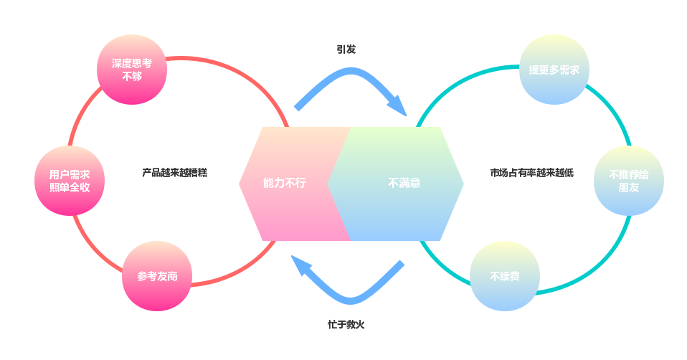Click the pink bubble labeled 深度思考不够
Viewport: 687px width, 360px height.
pyautogui.click(x=131, y=70)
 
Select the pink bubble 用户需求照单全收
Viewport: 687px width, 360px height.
pyautogui.click(x=69, y=181)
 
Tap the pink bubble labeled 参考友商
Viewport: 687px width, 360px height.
pyautogui.click(x=157, y=276)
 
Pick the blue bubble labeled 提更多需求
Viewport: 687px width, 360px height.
pyautogui.click(x=554, y=70)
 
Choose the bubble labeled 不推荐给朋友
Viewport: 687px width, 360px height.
pyautogui.click(x=629, y=181)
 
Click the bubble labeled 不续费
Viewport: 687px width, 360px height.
pyautogui.click(x=504, y=276)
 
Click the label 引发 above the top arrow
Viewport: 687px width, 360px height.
pyautogui.click(x=346, y=49)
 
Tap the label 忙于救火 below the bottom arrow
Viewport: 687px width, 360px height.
pyautogui.click(x=346, y=324)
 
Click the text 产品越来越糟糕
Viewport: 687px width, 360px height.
pyautogui.click(x=174, y=173)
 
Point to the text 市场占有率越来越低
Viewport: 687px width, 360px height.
pyautogui.click(x=531, y=173)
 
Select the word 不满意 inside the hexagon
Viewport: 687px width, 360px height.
pyautogui.click(x=404, y=184)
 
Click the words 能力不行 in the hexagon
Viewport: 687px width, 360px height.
pyautogui.click(x=284, y=184)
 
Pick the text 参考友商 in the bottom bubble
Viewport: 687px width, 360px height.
pyautogui.click(x=157, y=276)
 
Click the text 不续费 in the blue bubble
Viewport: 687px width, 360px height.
pyautogui.click(x=504, y=276)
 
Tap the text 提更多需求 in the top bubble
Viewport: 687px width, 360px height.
pyautogui.click(x=554, y=70)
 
